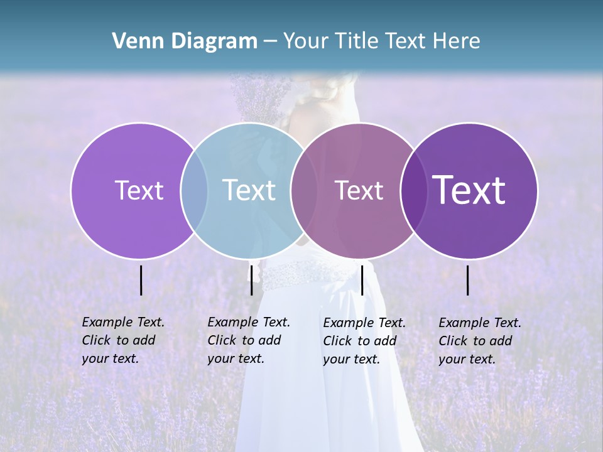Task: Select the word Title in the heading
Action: (x=356, y=41)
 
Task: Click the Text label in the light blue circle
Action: (x=249, y=190)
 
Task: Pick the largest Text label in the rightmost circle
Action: (x=469, y=190)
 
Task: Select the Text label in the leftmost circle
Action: (x=139, y=190)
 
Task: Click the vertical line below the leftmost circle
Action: (x=141, y=280)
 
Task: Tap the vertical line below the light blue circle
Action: (x=251, y=280)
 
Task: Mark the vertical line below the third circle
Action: (x=362, y=280)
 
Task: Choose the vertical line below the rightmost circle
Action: (x=468, y=280)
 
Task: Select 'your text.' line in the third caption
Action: (x=351, y=359)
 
